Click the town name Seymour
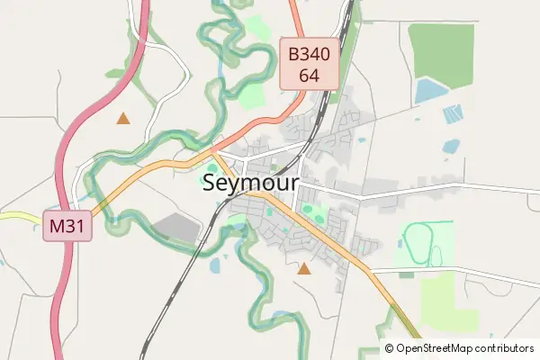click(x=251, y=184)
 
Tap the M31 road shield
click(x=67, y=226)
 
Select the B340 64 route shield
click(x=309, y=65)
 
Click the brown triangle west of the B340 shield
click(x=122, y=118)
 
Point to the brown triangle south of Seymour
click(x=304, y=268)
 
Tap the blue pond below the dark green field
click(x=430, y=90)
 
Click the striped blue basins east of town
click(x=454, y=114)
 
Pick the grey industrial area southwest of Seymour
click(x=176, y=229)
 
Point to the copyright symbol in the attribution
click(x=389, y=348)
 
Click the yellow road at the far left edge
click(x=13, y=215)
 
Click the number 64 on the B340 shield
click(x=309, y=76)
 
